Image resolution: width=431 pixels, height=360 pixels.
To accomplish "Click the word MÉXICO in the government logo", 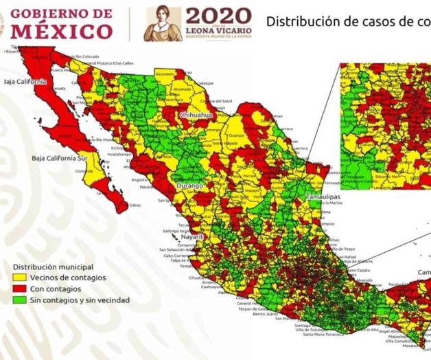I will point(61,31).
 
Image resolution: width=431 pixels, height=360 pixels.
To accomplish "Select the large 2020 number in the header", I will point(218,15).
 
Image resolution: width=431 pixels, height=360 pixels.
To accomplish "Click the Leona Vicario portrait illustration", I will point(163,24).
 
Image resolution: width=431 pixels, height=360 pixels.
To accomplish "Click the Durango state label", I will point(187,186).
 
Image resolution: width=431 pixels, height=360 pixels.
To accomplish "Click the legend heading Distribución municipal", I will point(53,267).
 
